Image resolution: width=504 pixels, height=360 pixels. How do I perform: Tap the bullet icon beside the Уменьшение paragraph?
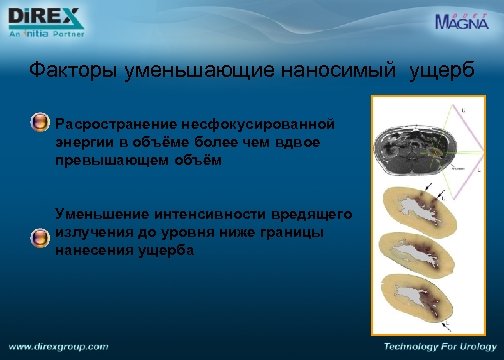(40, 237)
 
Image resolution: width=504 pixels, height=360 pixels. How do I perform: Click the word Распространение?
(114, 125)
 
